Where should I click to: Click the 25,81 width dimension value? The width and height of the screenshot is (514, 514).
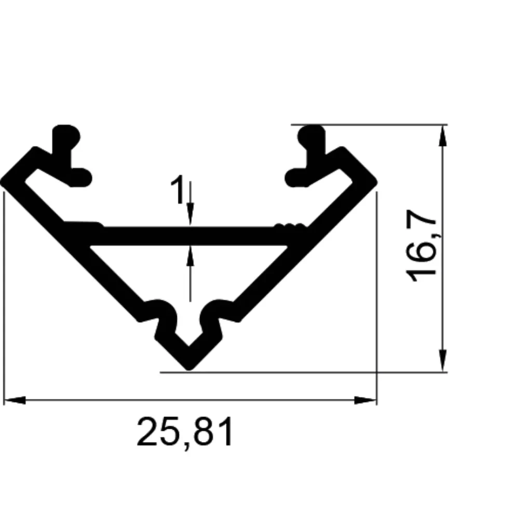click(185, 432)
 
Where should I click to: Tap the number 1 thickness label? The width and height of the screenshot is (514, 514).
click(178, 189)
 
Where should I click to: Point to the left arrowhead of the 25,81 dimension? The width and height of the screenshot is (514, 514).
click(15, 400)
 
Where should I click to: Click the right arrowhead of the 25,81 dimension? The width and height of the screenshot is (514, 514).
click(366, 400)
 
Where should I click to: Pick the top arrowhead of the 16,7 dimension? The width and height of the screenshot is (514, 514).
click(442, 136)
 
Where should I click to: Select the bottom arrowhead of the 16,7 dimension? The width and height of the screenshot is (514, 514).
click(442, 361)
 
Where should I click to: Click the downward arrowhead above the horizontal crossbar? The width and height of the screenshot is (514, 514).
click(190, 214)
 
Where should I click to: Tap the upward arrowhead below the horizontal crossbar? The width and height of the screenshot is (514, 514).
click(190, 256)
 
